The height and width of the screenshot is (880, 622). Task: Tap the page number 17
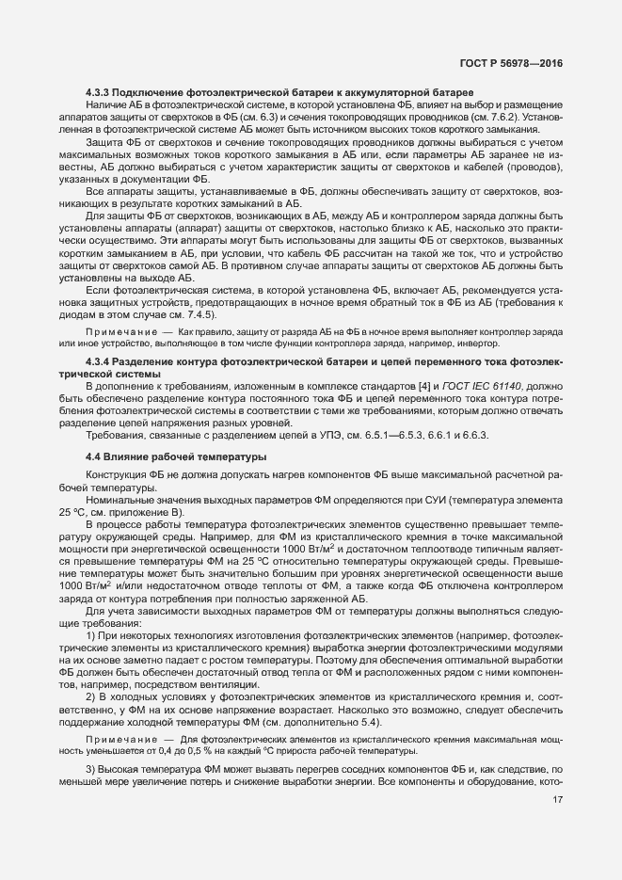[x=558, y=801]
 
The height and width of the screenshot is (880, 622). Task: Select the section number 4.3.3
[x=97, y=91]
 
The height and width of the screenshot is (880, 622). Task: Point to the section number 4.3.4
[x=97, y=361]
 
